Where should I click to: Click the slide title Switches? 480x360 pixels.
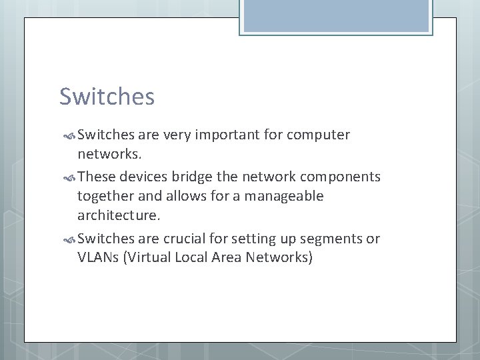107,97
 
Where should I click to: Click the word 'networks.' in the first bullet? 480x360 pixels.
109,155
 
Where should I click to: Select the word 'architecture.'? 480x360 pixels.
119,216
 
